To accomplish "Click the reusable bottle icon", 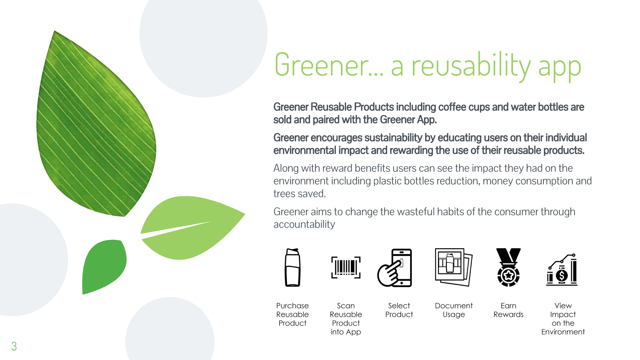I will tap(292, 267).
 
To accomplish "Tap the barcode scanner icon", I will tap(346, 267).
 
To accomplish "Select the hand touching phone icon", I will tap(395, 268).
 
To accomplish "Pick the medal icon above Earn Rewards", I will tap(508, 267).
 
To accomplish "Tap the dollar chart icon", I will tap(562, 270).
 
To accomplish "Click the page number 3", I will tap(14, 346).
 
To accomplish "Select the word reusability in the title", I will tap(471, 65).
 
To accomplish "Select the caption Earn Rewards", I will tap(508, 310).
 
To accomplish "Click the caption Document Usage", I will tap(454, 310).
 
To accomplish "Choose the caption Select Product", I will tap(399, 310).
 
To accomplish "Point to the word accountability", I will tap(304, 224).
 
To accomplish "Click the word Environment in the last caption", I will tap(563, 332).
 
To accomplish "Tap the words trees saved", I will tap(300, 194).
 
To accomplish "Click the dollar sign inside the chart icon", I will tap(562, 276).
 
